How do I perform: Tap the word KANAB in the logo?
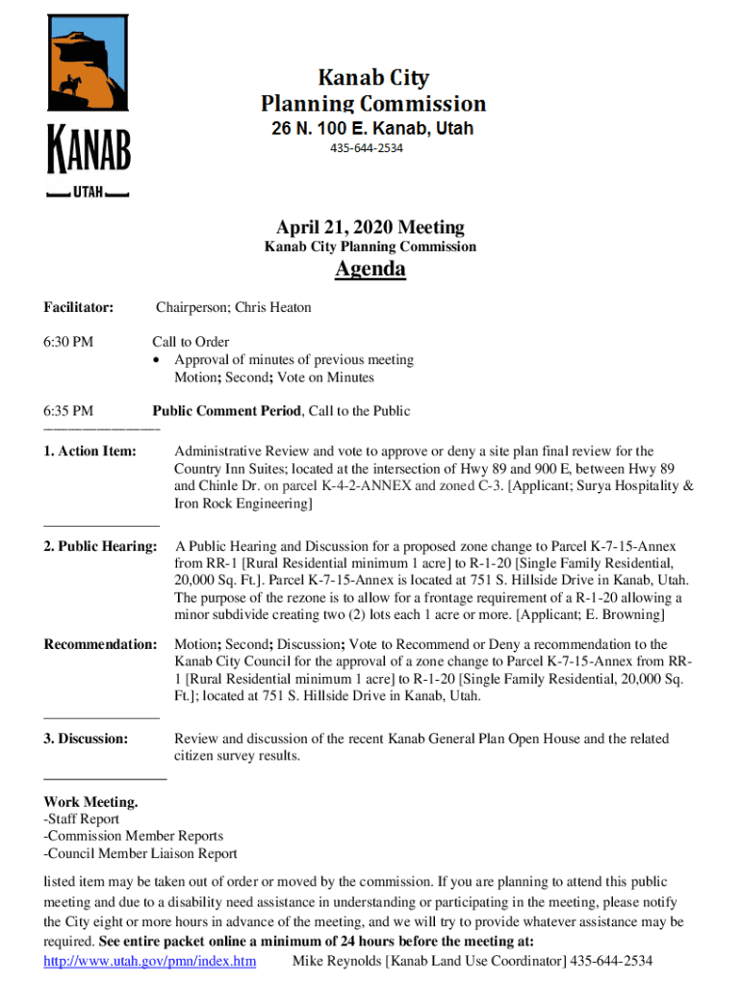coord(89,152)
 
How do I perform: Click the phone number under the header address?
coord(367,148)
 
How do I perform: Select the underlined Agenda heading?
coord(370,270)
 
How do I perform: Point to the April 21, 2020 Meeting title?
coord(370,228)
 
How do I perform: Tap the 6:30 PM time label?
coord(68,342)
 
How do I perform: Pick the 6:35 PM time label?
coord(68,411)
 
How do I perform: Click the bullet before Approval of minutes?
coord(159,360)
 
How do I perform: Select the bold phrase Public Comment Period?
coord(226,411)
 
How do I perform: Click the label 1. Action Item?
coord(89,451)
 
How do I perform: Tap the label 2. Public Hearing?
coord(100,547)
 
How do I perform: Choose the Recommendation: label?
coord(100,644)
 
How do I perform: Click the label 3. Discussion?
coord(86,739)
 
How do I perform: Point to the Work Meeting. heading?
coord(90,802)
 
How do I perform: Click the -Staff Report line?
coord(82,819)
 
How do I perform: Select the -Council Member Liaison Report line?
coord(141,853)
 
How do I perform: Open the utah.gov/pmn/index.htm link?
coord(150,962)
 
